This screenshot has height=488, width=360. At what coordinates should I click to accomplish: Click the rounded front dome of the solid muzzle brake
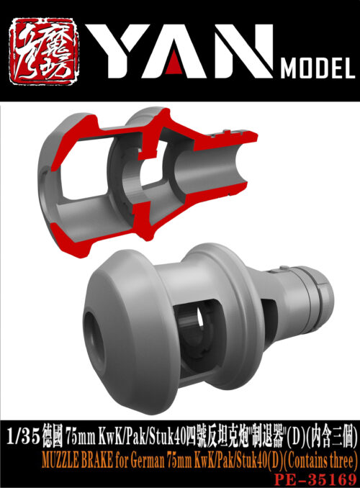click(126, 317)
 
